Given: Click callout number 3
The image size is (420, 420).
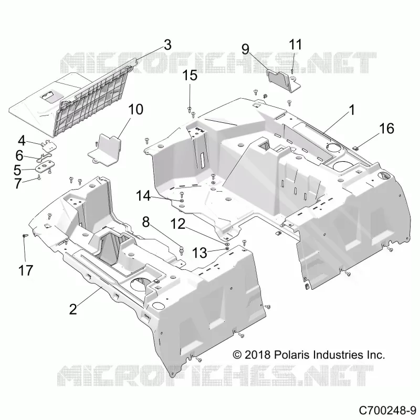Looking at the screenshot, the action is click(x=167, y=45).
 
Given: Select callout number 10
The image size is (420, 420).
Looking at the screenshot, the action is click(x=136, y=110).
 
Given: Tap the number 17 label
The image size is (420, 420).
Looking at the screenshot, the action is click(x=26, y=270).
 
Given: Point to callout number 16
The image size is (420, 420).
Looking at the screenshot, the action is click(x=386, y=129).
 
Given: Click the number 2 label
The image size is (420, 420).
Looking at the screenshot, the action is click(x=73, y=309).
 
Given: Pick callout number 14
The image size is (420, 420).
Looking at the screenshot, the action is click(x=143, y=196).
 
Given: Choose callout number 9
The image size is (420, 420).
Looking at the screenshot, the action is click(x=245, y=49).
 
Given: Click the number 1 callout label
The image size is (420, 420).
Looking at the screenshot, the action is click(x=351, y=110).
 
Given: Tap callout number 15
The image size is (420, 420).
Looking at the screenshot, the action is click(x=190, y=76).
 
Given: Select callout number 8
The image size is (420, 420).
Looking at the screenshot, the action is click(x=146, y=222).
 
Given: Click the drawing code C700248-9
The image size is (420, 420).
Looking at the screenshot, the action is click(x=387, y=410).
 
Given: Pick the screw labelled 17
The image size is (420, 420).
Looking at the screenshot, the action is click(x=25, y=236).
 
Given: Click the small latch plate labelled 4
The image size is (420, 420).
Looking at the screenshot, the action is click(x=49, y=145).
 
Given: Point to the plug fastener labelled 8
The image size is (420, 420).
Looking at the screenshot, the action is click(x=182, y=251).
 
